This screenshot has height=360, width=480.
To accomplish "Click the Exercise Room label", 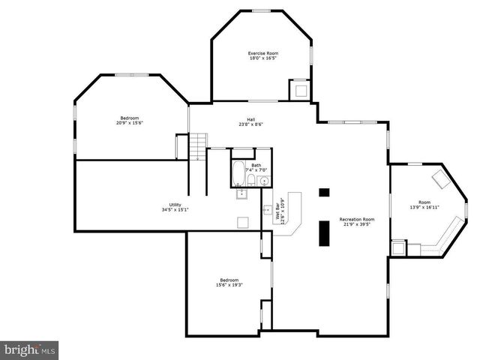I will [x=263, y=53].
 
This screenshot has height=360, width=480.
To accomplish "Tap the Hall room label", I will [x=251, y=120].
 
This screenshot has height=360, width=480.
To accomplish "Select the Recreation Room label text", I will [x=357, y=219].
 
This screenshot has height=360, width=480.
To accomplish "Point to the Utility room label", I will [x=175, y=205].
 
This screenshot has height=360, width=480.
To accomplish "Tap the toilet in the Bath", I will [x=251, y=180].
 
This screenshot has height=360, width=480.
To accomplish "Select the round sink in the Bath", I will [x=264, y=181].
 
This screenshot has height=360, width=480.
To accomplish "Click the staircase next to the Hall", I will [x=196, y=146].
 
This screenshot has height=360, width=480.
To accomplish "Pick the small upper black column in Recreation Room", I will [x=324, y=192].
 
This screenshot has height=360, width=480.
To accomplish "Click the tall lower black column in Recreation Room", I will [x=324, y=232].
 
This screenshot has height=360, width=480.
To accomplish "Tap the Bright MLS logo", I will [x=29, y=349].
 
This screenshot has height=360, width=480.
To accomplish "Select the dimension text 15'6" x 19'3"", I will [x=229, y=285].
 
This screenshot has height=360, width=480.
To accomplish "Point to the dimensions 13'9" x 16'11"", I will [x=424, y=207].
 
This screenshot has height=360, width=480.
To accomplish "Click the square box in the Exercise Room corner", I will [x=300, y=90].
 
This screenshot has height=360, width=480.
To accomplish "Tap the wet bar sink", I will [x=242, y=194].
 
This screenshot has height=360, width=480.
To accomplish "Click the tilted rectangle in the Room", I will [x=440, y=179].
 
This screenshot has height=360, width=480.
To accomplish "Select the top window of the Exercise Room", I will [x=261, y=10].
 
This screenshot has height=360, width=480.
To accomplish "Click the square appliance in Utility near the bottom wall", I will [x=243, y=222].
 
